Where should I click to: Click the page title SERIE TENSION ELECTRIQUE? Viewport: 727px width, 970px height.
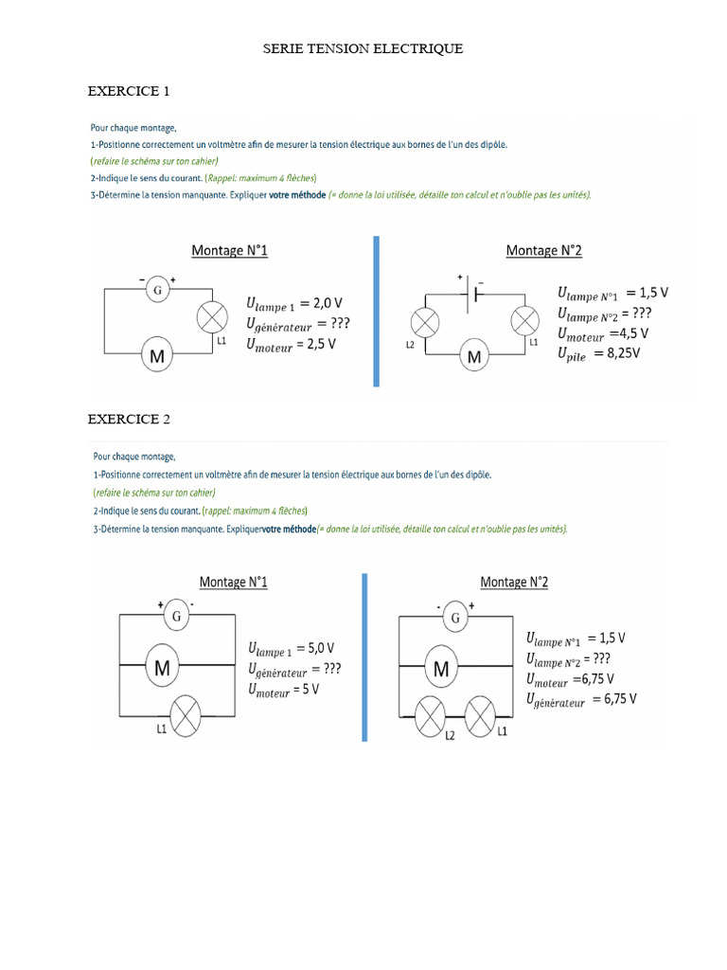363,48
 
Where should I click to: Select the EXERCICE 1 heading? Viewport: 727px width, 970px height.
129,92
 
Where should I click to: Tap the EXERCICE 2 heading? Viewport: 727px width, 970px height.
129,419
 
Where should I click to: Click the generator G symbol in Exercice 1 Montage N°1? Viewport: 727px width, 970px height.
157,289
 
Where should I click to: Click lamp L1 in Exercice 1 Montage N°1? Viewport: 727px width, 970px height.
208,318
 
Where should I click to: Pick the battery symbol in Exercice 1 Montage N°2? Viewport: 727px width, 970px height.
474,293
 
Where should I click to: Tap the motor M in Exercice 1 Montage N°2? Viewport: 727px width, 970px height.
474,356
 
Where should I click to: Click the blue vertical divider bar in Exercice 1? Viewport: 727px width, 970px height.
376,311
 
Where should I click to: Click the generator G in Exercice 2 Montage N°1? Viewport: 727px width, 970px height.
175,618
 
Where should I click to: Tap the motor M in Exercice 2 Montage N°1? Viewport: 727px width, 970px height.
163,669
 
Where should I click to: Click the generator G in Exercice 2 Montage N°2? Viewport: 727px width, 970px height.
455,619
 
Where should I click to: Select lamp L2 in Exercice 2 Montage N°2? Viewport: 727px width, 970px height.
432,716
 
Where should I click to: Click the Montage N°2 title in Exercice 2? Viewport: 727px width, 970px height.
514,582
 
